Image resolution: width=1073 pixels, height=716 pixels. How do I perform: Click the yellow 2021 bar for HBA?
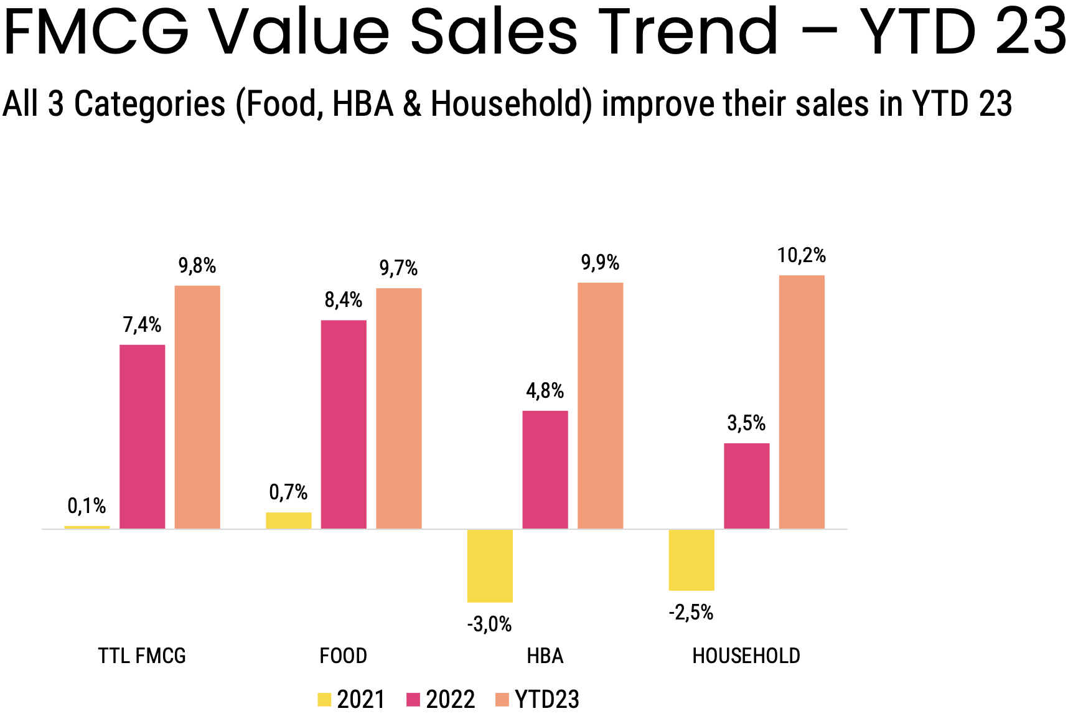tap(490, 565)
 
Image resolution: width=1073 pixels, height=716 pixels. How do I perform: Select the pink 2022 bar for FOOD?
tap(344, 424)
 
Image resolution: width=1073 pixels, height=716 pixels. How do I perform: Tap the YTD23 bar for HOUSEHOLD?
tap(802, 402)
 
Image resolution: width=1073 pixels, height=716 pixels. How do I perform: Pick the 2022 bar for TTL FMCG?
tap(143, 436)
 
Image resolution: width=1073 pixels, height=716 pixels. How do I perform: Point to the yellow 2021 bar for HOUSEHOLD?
tap(691, 560)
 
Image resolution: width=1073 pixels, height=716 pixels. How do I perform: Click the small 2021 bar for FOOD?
tap(289, 521)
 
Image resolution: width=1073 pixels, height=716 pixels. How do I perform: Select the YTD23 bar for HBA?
tap(600, 405)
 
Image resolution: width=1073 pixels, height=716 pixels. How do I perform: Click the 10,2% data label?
tap(802, 255)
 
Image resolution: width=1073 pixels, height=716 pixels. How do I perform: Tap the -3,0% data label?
tap(490, 624)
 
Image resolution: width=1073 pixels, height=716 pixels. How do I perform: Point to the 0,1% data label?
tap(87, 506)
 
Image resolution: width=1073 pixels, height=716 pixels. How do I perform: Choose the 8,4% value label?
tap(344, 300)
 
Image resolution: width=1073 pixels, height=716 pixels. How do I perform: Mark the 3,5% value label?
tap(746, 423)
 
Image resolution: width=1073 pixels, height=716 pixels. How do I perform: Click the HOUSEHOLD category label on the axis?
tap(746, 656)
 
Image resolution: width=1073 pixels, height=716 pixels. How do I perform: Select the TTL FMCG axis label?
tap(142, 656)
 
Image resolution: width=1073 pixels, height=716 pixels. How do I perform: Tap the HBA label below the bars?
tap(545, 656)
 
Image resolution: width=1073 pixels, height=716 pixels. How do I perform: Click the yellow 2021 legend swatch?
tap(324, 699)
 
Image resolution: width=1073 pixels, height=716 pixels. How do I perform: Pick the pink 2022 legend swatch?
tap(413, 699)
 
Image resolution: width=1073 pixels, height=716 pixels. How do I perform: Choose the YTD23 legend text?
tap(547, 699)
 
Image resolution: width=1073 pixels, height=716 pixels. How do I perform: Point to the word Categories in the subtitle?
tap(149, 103)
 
